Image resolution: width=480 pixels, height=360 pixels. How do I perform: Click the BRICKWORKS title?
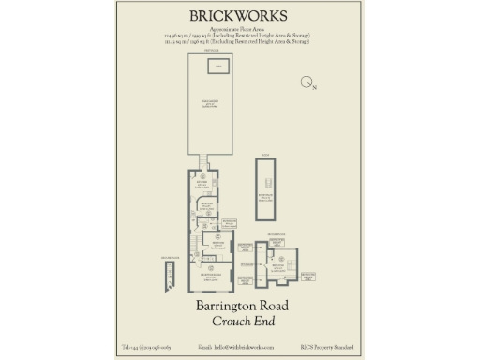[x=239, y=16]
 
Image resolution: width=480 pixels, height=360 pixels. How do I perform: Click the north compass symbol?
[x=307, y=83]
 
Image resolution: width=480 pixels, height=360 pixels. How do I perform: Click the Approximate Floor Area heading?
[x=239, y=29]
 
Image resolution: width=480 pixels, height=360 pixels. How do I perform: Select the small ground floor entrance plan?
[x=169, y=268]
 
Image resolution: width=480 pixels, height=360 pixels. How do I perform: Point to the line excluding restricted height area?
[x=239, y=36]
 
